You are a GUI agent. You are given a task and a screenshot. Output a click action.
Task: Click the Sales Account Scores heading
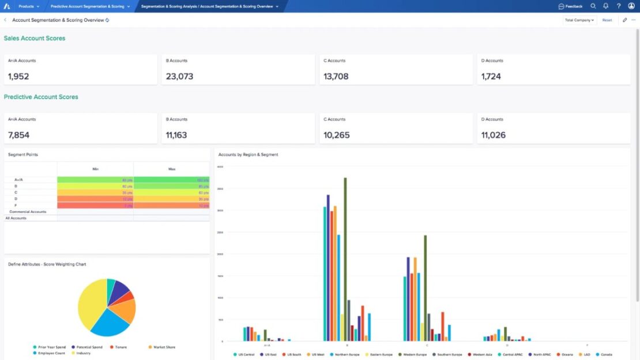click(x=35, y=38)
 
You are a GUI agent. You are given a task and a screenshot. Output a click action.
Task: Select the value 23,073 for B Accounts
click(x=179, y=76)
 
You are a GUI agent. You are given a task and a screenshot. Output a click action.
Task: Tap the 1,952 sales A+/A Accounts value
click(x=18, y=76)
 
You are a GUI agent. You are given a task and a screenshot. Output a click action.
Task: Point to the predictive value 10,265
click(x=337, y=135)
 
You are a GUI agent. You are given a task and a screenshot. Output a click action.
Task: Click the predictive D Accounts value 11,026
click(x=494, y=135)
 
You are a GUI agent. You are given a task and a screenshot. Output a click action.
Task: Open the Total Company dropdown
click(x=579, y=20)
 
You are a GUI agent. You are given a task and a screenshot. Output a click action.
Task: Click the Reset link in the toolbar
click(x=607, y=20)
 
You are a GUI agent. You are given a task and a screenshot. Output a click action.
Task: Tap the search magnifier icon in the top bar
click(x=593, y=6)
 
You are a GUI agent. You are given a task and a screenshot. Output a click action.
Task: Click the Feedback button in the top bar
click(x=570, y=6)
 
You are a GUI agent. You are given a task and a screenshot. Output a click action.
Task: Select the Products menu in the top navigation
click(x=28, y=6)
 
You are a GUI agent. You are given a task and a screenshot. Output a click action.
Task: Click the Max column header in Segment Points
click(x=172, y=169)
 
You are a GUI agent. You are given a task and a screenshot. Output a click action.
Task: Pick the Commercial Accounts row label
click(x=28, y=212)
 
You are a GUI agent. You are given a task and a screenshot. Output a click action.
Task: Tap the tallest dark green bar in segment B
click(x=345, y=260)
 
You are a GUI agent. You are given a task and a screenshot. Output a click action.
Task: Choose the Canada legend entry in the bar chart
click(x=605, y=354)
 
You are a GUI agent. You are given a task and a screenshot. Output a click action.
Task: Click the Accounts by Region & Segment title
click(x=248, y=155)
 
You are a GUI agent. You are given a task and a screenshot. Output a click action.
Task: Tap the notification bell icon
click(x=606, y=6)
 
